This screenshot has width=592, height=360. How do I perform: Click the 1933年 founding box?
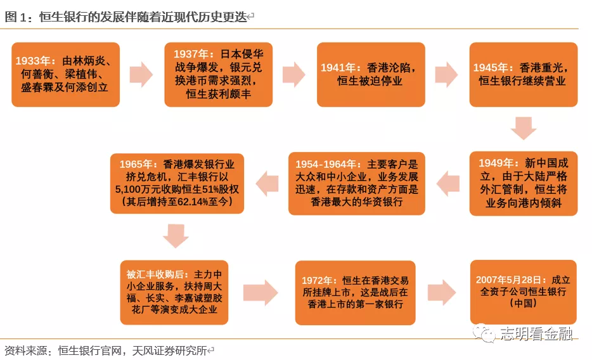click(x=66, y=74)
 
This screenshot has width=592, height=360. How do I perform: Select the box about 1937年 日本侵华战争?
click(x=218, y=74)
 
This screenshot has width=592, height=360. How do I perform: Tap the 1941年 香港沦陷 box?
click(x=371, y=74)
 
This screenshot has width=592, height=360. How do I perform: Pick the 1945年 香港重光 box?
click(x=524, y=74)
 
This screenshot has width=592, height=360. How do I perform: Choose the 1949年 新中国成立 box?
click(x=524, y=183)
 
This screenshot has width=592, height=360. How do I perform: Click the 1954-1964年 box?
click(x=356, y=183)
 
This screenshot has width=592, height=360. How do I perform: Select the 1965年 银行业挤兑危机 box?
click(x=177, y=183)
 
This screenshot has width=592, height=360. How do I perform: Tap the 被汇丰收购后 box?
click(x=174, y=292)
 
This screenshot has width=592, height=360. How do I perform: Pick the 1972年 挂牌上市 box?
click(x=356, y=292)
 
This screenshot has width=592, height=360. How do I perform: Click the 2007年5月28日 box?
click(x=524, y=292)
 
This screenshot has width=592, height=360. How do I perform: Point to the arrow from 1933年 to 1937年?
click(x=141, y=74)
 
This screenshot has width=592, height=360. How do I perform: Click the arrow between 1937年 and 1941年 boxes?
click(x=293, y=74)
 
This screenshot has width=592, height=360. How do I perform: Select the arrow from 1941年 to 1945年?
click(x=446, y=74)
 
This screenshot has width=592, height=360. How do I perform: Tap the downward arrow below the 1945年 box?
click(x=524, y=128)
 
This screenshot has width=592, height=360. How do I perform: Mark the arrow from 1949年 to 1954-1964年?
click(x=447, y=183)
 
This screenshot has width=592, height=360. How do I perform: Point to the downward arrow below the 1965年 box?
click(x=176, y=236)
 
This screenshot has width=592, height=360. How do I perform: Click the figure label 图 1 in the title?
click(x=15, y=17)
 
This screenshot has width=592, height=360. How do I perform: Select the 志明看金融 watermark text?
click(x=536, y=333)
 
